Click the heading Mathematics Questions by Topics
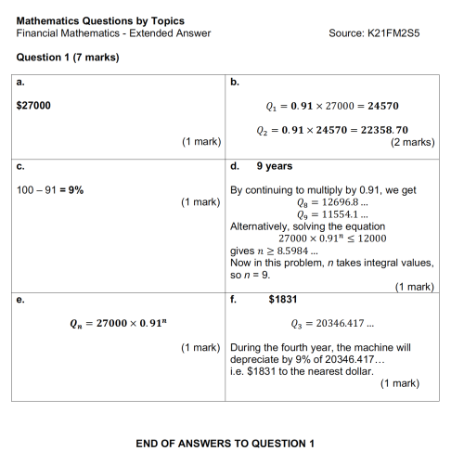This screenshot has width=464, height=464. tap(100, 20)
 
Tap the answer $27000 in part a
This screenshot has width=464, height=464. tap(34, 105)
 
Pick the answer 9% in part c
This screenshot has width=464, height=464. tap(72, 188)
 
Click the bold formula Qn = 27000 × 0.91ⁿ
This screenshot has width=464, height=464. tap(116, 322)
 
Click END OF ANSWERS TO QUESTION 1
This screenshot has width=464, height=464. tap(226, 444)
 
